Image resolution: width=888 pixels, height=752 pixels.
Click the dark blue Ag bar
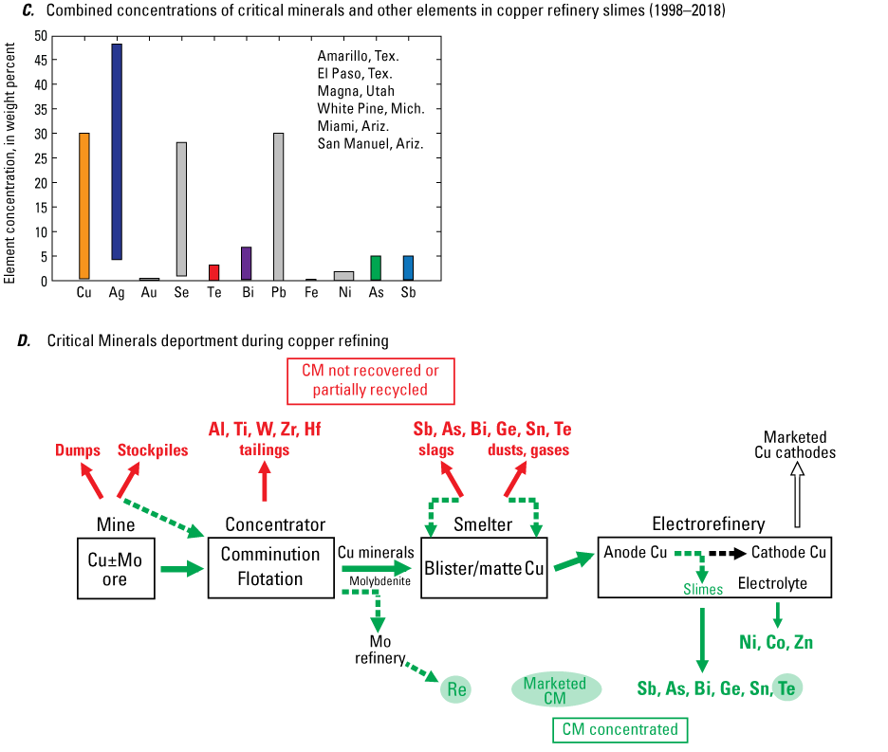116,152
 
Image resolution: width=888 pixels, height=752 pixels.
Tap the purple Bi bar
246,263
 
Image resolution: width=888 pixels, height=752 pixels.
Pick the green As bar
376,267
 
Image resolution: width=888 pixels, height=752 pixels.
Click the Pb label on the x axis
279,293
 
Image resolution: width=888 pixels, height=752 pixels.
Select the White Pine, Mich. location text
371,109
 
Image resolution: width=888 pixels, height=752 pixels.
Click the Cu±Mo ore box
115,569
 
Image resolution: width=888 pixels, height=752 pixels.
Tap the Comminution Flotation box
270,567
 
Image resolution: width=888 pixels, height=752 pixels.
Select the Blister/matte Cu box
483,569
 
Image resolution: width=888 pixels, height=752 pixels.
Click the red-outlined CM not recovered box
370,379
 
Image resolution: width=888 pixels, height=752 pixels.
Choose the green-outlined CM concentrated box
620,729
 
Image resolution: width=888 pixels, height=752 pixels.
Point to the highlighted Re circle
455,689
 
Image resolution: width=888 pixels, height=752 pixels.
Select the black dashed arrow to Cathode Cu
722,553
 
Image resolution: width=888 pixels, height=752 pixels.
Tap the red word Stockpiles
153,450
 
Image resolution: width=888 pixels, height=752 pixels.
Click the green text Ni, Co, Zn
775,643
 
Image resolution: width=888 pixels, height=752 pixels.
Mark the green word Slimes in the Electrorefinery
703,590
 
